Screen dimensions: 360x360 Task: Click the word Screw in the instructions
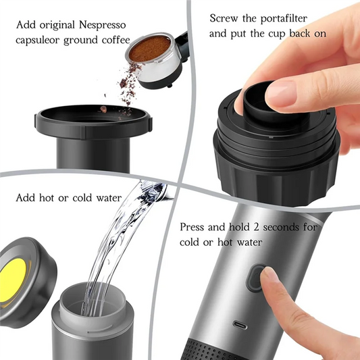point(224,18)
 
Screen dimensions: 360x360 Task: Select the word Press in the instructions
point(195,228)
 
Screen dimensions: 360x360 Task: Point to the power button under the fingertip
point(257,277)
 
